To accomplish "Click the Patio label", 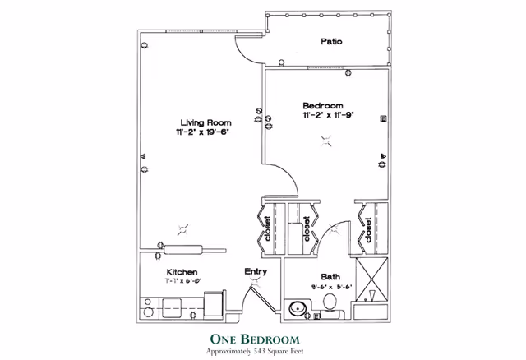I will pos(331,42).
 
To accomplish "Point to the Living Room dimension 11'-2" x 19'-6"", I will pos(201,132).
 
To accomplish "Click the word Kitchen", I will pos(181,272).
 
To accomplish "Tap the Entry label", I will pos(256,271).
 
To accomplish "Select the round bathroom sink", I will pos(297,309).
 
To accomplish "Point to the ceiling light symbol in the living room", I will pos(182,230).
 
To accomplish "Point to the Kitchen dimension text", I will pos(183,281).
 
